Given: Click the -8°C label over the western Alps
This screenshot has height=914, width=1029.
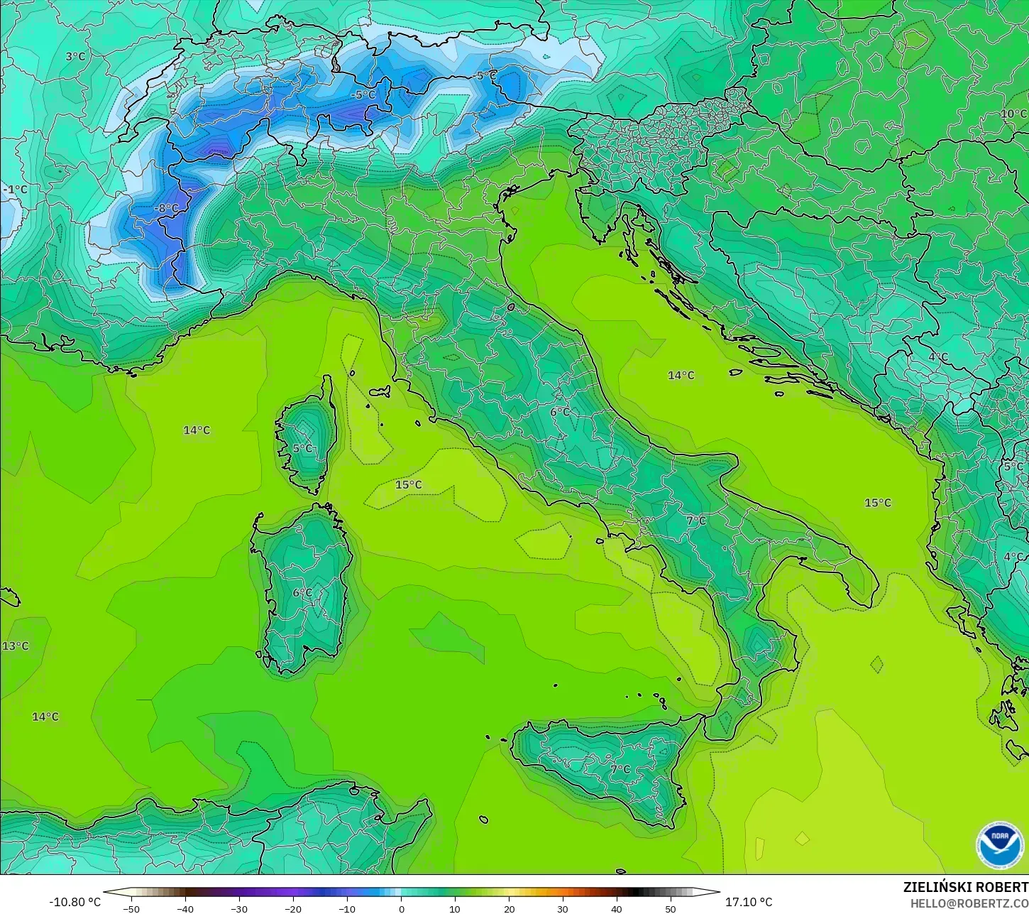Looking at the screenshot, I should [x=167, y=208].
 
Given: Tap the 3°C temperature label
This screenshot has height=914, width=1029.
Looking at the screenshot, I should [x=75, y=56].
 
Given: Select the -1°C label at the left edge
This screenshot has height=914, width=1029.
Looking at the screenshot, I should [x=16, y=190].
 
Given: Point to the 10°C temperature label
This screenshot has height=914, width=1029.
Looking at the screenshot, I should [x=1013, y=114].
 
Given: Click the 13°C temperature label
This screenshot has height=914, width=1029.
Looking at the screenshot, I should [x=16, y=646].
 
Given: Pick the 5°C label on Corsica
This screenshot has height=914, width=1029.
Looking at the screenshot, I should [x=302, y=448].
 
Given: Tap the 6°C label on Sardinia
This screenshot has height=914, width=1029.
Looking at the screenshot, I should [x=302, y=592].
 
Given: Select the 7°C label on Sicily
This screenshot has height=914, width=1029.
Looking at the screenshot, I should [x=620, y=768].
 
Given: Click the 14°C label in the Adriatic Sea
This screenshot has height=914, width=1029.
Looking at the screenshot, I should [x=681, y=375].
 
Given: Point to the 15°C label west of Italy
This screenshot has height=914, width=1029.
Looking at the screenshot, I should [x=409, y=484].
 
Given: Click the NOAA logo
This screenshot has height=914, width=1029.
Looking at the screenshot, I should [x=1000, y=845].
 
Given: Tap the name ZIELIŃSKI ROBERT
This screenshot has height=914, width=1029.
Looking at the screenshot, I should [x=965, y=887].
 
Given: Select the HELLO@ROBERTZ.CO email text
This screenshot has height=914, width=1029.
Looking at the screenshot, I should [x=969, y=903].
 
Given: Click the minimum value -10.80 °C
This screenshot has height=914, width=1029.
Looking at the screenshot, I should [x=75, y=902].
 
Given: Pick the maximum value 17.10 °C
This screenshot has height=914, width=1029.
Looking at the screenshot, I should [x=749, y=902].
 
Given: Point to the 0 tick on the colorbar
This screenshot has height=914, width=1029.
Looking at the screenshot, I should [x=401, y=908].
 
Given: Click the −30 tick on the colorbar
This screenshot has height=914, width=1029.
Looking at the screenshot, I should [x=239, y=908].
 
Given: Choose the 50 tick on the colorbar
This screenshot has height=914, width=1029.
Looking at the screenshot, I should [x=671, y=908].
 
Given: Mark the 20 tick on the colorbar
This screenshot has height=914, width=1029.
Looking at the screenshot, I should [x=509, y=908].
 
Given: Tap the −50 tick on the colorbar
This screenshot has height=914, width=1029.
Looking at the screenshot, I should [x=131, y=908].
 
